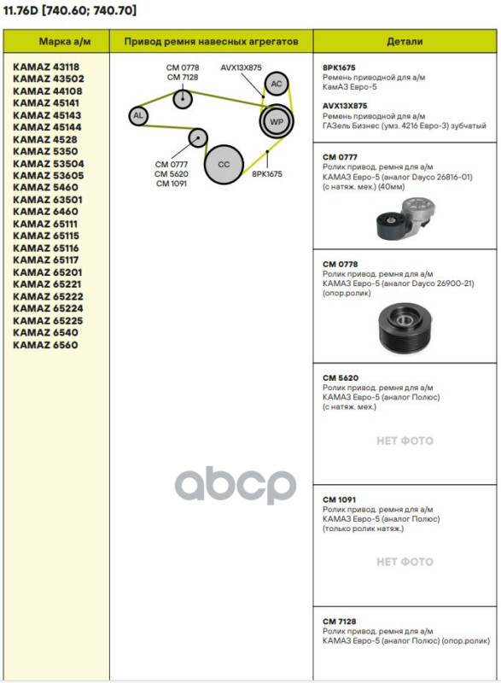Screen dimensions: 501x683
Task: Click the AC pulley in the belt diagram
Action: point(277,84)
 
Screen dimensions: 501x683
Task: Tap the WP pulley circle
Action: point(277,121)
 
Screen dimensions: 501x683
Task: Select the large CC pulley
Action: point(224,164)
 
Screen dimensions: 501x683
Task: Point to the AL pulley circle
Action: point(138,116)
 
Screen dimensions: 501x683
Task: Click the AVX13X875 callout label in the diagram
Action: point(242,67)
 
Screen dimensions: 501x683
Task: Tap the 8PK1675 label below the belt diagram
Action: point(267,174)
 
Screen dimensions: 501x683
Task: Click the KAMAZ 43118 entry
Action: point(46,67)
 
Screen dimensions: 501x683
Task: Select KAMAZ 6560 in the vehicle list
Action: point(45,345)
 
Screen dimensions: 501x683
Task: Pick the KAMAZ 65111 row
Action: point(45,224)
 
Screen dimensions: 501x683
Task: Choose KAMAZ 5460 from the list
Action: point(45,187)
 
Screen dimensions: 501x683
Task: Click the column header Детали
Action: point(405,41)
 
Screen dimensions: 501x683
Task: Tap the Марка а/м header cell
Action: point(65,41)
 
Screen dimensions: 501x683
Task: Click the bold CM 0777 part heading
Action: point(340,157)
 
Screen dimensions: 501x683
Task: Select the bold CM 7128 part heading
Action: point(340,622)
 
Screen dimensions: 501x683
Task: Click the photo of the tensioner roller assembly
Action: point(405,219)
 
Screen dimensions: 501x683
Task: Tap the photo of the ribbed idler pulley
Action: point(405,328)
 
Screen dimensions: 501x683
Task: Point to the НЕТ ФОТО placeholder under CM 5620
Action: point(405,441)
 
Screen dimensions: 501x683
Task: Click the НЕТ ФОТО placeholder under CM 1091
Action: point(405,562)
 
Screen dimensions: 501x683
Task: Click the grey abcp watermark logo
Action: point(236,485)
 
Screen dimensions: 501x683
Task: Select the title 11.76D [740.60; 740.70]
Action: point(70,10)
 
